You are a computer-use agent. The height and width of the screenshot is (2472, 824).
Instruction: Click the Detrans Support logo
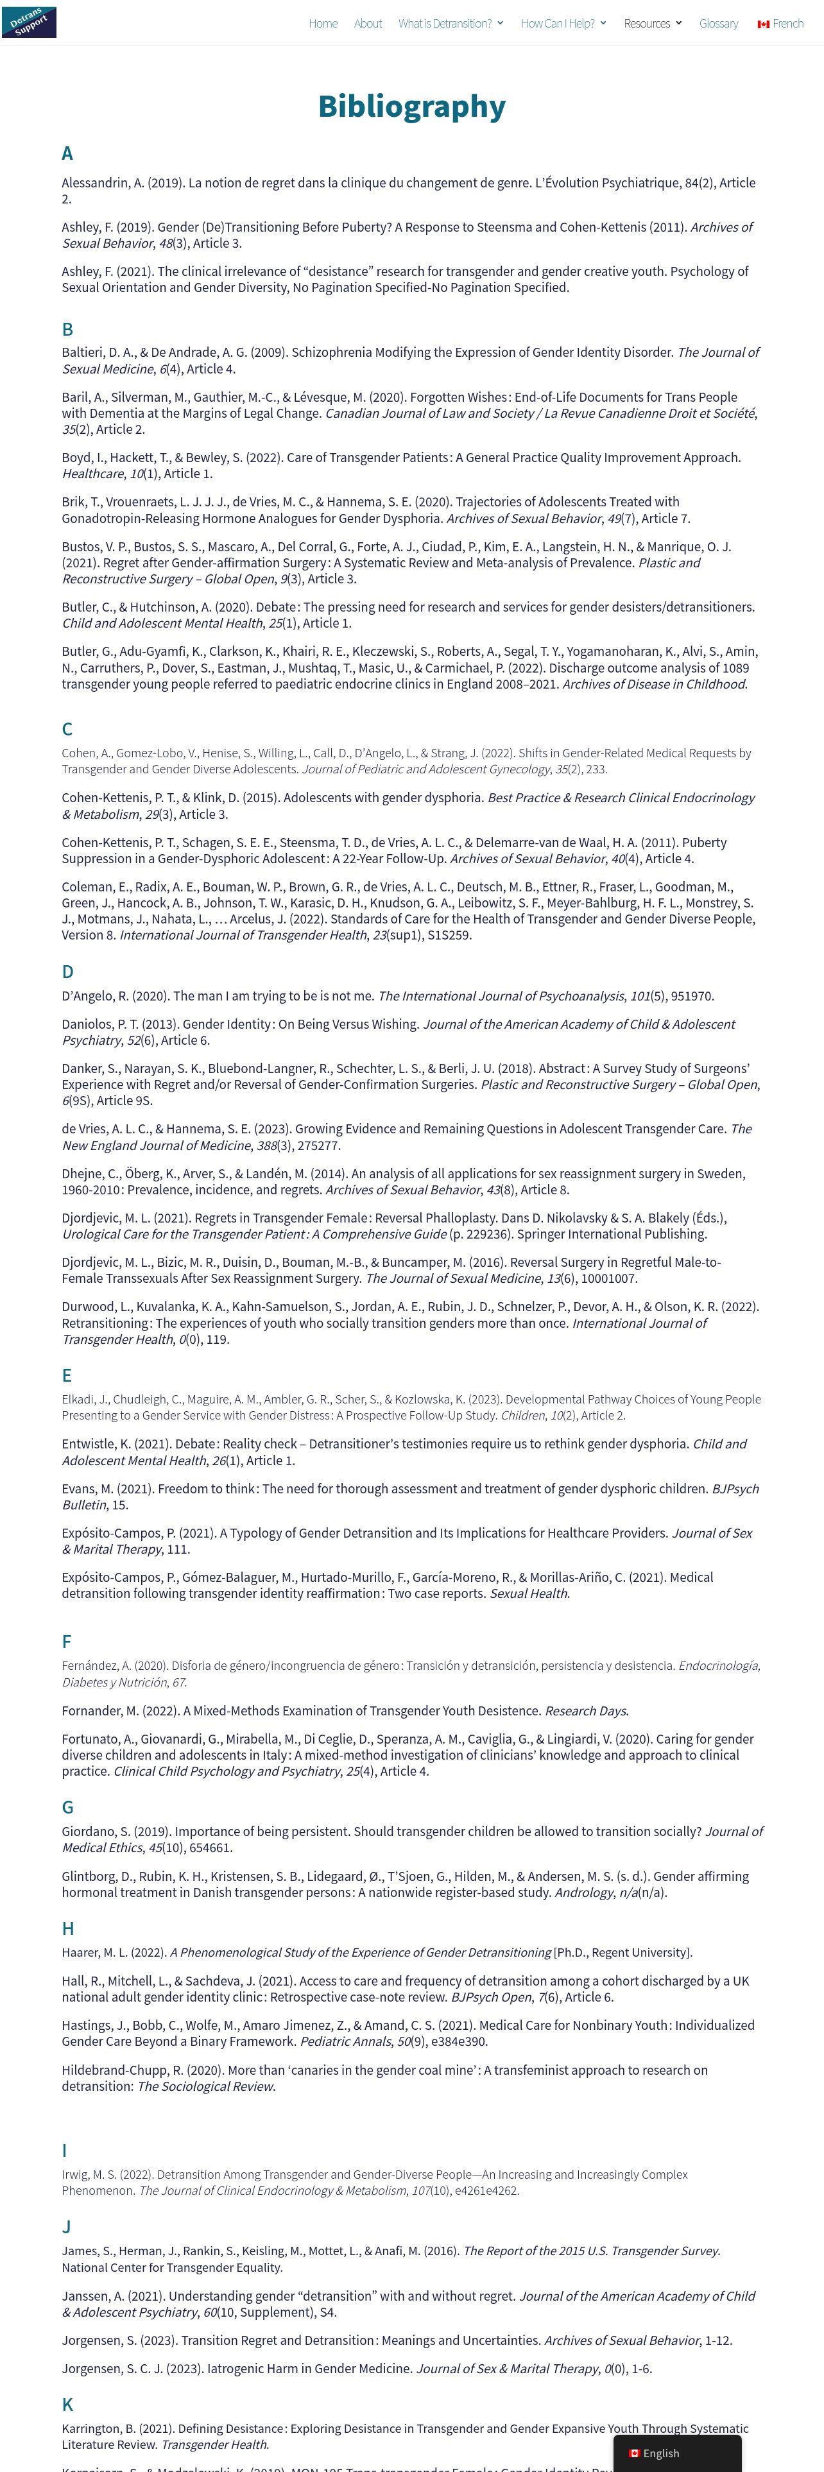point(29,22)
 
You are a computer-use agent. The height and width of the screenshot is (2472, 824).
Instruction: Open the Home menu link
point(322,23)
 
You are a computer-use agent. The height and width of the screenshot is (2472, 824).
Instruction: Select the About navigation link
point(367,23)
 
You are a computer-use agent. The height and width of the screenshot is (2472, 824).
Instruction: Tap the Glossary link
point(719,23)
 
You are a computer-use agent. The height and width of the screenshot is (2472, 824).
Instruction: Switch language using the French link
point(781,23)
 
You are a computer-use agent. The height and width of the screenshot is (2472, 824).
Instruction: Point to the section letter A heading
point(67,153)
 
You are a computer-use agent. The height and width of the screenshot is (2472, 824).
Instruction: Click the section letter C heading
point(67,729)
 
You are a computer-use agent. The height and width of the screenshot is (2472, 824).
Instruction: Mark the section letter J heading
point(66,2226)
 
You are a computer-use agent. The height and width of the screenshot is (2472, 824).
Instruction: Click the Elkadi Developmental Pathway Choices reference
point(411,1407)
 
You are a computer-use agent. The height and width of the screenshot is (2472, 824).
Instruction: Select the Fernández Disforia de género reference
point(411,1674)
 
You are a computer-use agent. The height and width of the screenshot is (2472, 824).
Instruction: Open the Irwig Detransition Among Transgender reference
point(374,2182)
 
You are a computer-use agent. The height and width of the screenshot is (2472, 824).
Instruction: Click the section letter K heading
point(67,2404)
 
